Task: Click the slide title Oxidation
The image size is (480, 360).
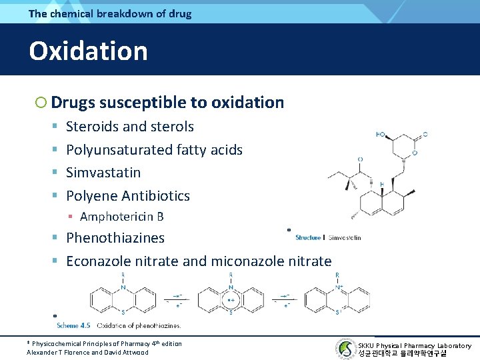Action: tap(88, 51)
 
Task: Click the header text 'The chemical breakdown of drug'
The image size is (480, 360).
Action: tap(109, 13)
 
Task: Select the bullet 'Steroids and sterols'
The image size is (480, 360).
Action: tap(130, 127)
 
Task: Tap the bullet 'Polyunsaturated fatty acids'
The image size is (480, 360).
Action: tap(154, 150)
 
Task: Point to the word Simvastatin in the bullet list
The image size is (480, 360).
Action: tap(103, 173)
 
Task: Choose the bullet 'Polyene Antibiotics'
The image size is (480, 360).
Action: tap(128, 196)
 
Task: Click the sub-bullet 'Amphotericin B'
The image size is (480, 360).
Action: tap(121, 217)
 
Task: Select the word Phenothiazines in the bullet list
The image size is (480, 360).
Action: tap(115, 238)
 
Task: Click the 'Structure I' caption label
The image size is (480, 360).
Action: tap(309, 237)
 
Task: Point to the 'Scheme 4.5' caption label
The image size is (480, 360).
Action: tap(73, 325)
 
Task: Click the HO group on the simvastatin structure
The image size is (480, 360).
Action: tap(381, 135)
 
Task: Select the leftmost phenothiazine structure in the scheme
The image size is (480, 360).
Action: tap(123, 297)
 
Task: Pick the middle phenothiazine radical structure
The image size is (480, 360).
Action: tap(230, 297)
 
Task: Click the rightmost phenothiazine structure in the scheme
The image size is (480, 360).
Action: tap(337, 297)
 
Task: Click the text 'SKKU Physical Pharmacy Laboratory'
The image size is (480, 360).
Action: tap(414, 345)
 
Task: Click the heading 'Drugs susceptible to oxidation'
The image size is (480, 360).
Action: tap(167, 103)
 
